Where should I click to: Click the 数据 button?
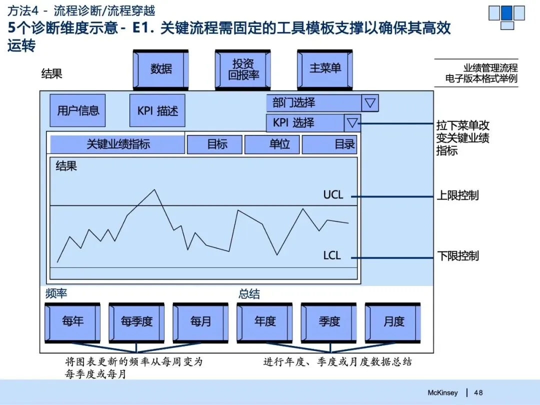coord(160,69)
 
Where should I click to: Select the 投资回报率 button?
coord(242,69)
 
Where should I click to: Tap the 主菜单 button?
coord(324,68)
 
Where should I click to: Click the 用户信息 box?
coord(77,110)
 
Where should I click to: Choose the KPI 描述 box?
coord(157,110)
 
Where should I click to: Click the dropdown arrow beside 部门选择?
coord(370,103)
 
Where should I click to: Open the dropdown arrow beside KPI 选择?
coord(352,122)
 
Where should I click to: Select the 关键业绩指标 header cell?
coord(117,144)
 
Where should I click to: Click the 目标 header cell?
coord(215,144)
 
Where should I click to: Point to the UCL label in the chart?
coord(333,195)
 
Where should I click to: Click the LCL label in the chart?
coord(332,256)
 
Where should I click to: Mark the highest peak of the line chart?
coord(154,190)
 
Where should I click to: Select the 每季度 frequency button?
coord(136,321)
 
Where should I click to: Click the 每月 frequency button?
coord(200,321)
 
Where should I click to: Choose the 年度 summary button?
coord(265,321)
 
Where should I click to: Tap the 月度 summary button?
coord(393,321)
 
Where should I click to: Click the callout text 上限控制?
coord(457,195)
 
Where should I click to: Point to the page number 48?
coord(478,392)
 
